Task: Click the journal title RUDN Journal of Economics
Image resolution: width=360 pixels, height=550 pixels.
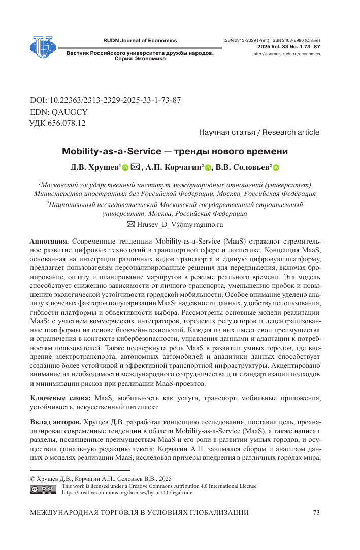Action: (x=140, y=40)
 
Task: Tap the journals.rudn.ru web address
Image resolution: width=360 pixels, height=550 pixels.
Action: (x=286, y=53)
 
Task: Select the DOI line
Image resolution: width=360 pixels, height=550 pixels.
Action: (x=106, y=100)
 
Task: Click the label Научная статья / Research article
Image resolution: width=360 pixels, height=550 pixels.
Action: (x=259, y=133)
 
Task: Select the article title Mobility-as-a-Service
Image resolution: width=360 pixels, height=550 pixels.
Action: (x=175, y=151)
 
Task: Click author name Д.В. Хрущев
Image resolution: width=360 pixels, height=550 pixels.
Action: (x=95, y=167)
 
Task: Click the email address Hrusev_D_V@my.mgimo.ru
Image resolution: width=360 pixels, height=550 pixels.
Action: (x=180, y=224)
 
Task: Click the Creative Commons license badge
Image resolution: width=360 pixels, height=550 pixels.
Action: (x=44, y=489)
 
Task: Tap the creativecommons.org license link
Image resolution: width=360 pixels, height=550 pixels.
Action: (x=127, y=492)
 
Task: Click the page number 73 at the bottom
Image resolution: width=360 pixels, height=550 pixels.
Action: (x=316, y=513)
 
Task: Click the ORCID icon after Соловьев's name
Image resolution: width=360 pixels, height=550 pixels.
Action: (x=276, y=168)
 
